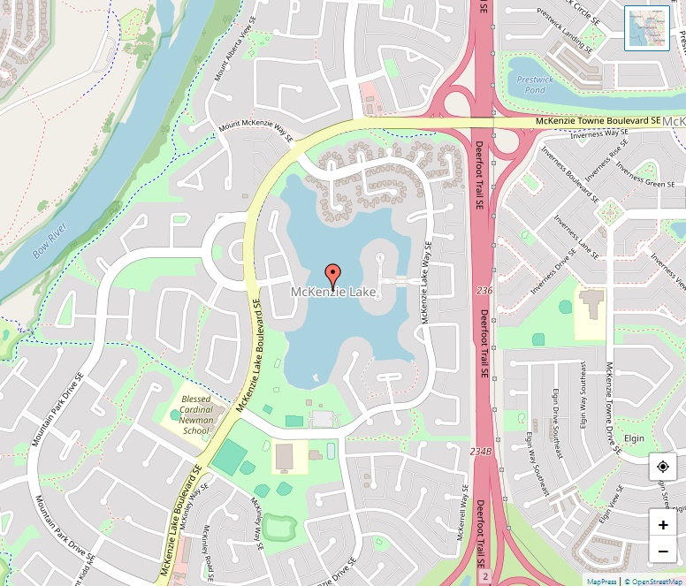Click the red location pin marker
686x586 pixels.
click(x=333, y=274)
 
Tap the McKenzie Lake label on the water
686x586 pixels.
click(x=334, y=292)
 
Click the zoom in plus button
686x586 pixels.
click(x=663, y=524)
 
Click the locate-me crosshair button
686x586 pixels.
click(x=663, y=467)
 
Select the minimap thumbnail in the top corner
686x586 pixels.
click(x=647, y=28)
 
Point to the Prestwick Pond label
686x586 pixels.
click(x=535, y=85)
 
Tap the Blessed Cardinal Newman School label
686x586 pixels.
click(x=195, y=415)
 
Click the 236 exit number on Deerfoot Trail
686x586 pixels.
click(x=484, y=290)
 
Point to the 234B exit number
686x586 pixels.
click(x=480, y=451)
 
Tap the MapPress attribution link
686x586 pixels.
click(x=602, y=581)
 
